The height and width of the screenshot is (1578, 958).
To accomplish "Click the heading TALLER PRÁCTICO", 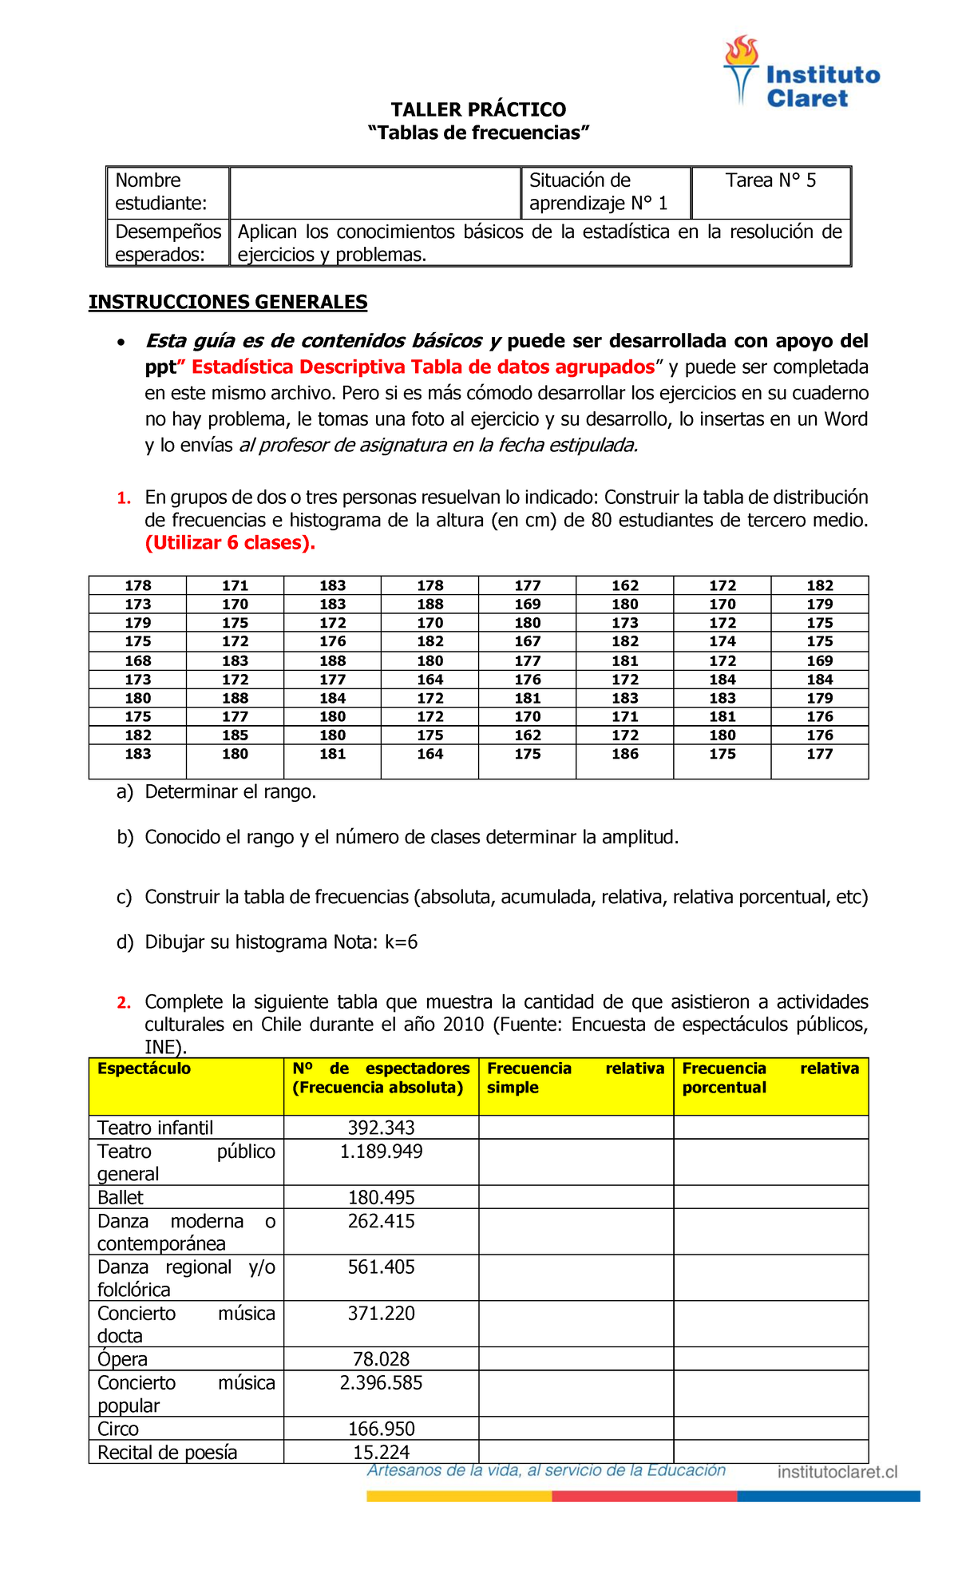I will point(478,109).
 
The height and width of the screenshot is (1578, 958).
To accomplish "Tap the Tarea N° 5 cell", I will point(770,180).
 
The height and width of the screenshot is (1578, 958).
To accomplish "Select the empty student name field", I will point(374,192).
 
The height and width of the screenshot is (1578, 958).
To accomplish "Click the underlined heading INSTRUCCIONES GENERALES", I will point(228,302).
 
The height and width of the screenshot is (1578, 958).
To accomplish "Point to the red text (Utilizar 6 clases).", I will point(230,543).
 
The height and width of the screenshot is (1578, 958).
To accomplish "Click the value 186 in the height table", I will point(625,754).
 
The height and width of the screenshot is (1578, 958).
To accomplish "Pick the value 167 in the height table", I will point(528,641).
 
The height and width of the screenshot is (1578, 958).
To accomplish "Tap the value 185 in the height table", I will point(236,735).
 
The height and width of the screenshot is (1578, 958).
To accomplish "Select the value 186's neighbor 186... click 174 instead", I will point(722,641).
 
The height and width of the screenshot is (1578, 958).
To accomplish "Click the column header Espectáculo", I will point(144,1069).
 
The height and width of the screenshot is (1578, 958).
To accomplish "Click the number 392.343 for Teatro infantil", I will point(381,1128).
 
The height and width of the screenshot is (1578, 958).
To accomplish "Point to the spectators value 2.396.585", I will point(381,1382).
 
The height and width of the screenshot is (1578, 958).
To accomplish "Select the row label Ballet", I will point(121,1197).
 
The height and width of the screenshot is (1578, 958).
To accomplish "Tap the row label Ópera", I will point(122,1359).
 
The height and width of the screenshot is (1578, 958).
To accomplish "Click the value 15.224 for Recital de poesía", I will point(381,1452).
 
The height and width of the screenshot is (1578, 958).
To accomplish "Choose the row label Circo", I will point(118,1429).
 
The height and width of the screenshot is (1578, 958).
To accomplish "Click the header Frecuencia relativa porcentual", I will point(770,1078).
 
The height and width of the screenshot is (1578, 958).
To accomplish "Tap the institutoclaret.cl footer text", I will point(837,1472).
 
